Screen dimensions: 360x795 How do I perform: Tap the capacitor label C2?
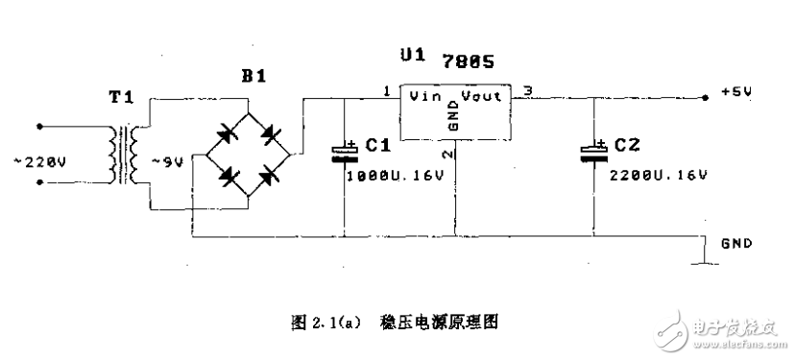click(x=627, y=146)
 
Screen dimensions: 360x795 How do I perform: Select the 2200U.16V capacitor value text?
click(x=658, y=176)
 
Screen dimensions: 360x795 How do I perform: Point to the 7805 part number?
click(x=469, y=61)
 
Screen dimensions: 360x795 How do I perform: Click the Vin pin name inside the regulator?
click(x=424, y=96)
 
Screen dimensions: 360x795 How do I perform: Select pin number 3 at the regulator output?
click(x=526, y=90)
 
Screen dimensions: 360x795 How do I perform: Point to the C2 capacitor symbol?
click(x=594, y=154)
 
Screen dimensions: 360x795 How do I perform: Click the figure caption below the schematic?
click(x=397, y=324)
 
